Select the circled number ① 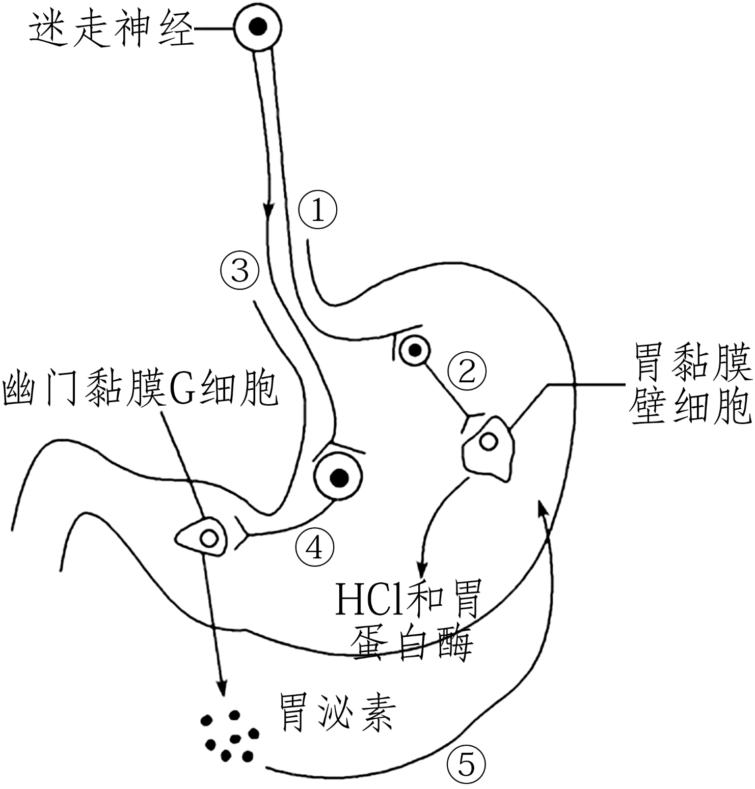(318, 210)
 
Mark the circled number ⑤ (467, 764)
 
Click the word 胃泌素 (337, 712)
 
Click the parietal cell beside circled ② (488, 441)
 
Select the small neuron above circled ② (415, 350)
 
